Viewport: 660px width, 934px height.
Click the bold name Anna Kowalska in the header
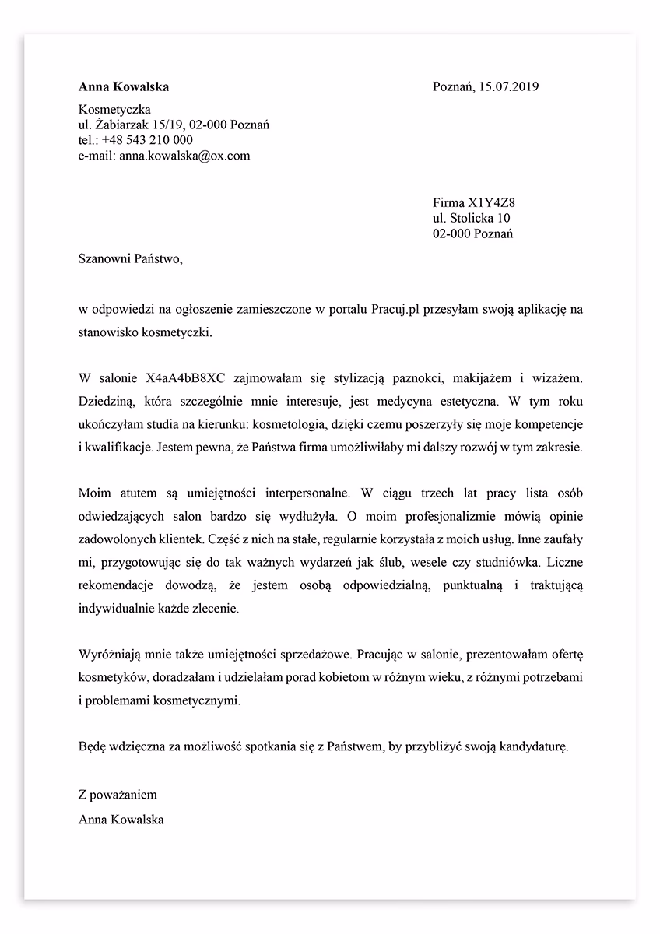point(124,86)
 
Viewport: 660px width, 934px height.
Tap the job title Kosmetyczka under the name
point(114,110)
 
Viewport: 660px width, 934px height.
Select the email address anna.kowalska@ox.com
point(184,156)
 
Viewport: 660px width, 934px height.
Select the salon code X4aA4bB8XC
point(185,377)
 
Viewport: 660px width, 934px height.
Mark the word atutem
point(132,493)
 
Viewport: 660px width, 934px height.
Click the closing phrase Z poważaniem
point(118,795)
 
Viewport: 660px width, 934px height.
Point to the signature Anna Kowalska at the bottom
point(121,819)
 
